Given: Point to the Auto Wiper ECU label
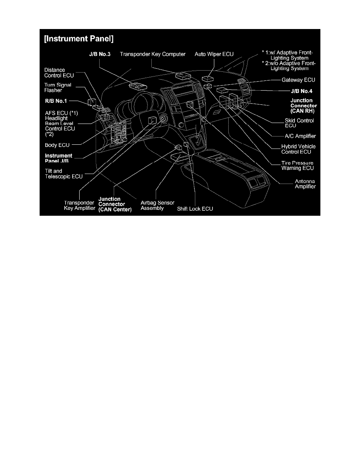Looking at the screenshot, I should pos(214,54).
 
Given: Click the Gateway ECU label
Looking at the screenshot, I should pos(299,80).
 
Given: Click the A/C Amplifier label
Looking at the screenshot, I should pos(300,136).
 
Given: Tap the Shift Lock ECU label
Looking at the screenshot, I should pos(195,209).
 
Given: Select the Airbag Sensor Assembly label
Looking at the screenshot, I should pos(157,205).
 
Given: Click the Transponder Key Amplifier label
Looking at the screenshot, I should pos(80,205).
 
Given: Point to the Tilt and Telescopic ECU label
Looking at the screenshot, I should pos(64,174).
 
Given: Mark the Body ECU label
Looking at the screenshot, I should pos(57,145).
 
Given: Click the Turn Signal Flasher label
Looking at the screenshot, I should pos(58,87).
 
